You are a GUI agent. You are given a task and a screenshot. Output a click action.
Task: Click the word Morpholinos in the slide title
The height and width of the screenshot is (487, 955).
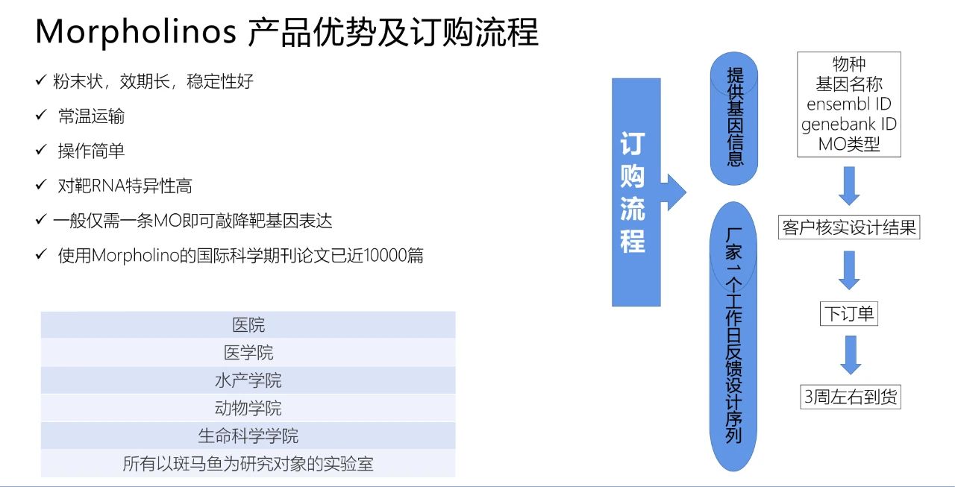pos(136,32)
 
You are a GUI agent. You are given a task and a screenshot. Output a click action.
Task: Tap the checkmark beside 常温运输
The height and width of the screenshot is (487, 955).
pos(41,115)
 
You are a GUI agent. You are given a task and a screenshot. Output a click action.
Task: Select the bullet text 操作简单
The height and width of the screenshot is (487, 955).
pos(91,151)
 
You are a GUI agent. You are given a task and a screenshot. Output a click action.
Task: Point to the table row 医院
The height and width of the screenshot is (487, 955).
pos(248,324)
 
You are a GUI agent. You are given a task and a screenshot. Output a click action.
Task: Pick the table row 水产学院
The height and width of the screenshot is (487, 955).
pos(248,380)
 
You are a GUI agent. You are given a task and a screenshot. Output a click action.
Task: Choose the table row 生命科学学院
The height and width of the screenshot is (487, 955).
pos(248,436)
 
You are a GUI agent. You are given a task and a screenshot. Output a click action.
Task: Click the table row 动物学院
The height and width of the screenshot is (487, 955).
pos(248,408)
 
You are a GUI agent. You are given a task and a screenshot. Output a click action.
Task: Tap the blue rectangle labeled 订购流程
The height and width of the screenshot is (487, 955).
pos(636,192)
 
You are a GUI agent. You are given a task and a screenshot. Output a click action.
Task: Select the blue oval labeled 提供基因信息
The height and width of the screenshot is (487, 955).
pos(733,119)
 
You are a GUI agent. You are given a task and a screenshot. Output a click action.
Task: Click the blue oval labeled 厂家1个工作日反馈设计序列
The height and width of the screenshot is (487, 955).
pos(733,336)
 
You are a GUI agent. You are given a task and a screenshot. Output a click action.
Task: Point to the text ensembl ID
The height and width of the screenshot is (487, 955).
pos(849,104)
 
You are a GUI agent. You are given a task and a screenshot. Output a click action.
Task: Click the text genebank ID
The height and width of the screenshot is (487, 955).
pos(849,125)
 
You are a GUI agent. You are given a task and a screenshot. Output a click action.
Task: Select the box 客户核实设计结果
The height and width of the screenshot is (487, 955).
pos(849,227)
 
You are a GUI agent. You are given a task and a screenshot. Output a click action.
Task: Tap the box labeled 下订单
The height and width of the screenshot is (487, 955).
pos(849,314)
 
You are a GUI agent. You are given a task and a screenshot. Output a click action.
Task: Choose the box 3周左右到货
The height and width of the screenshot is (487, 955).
pos(851,397)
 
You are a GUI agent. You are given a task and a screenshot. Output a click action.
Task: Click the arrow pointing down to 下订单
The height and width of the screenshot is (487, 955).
pos(849,270)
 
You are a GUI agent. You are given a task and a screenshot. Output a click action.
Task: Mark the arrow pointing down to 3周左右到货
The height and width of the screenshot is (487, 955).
pos(851,355)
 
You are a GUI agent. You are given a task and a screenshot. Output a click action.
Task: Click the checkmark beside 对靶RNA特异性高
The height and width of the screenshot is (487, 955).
pos(41,184)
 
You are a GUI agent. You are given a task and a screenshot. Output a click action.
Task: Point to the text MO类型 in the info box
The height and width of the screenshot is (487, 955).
pos(849,145)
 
